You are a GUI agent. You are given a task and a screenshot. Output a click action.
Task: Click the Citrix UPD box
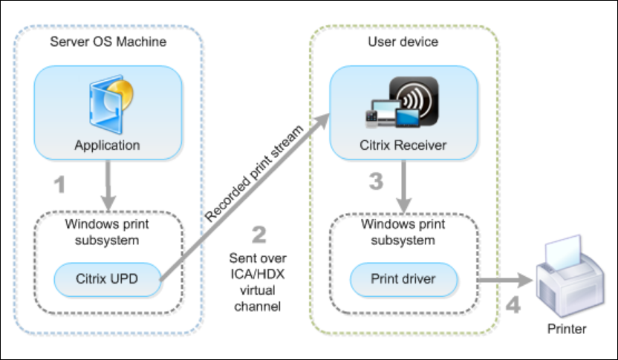pyautogui.click(x=106, y=281)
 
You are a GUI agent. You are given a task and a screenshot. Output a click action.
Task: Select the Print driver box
pyautogui.click(x=403, y=281)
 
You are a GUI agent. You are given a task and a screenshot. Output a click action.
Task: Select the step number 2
pyautogui.click(x=258, y=235)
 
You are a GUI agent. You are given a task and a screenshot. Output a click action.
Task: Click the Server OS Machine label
pyautogui.click(x=108, y=42)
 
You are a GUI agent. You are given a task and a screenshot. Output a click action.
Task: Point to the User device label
pyautogui.click(x=403, y=42)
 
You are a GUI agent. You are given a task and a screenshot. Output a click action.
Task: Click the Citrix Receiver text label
pyautogui.click(x=403, y=145)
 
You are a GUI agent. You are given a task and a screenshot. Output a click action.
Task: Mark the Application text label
pyautogui.click(x=107, y=145)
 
